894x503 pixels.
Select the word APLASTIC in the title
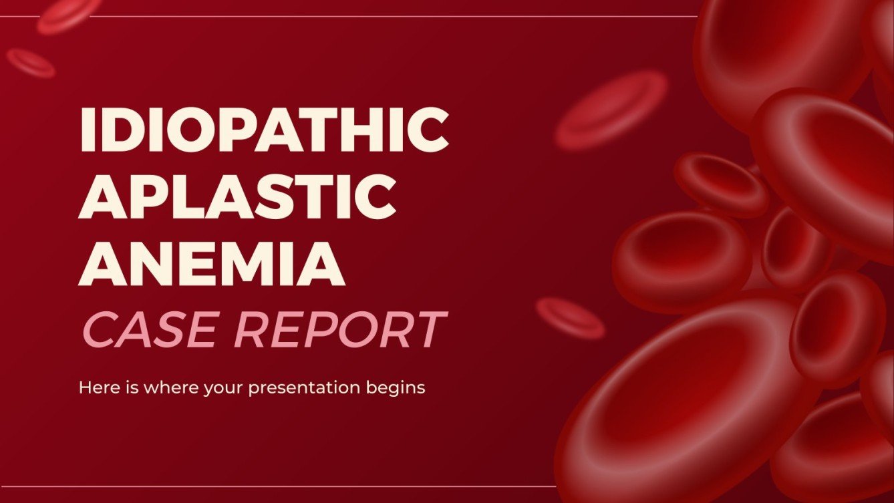(236, 196)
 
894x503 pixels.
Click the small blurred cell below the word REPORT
(570, 318)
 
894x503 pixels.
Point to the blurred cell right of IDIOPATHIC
(611, 110)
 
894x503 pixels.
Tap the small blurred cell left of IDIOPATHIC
(31, 63)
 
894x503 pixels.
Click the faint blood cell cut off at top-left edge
(64, 15)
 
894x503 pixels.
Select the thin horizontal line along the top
(401, 16)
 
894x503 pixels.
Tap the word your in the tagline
(223, 388)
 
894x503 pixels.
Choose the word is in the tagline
(124, 387)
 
